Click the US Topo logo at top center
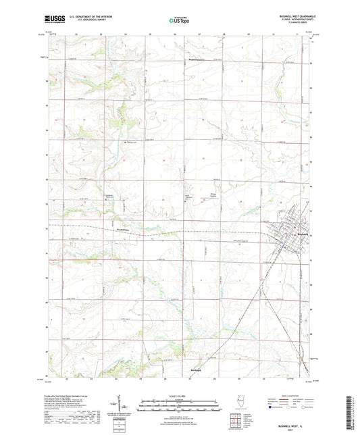[179, 20]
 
